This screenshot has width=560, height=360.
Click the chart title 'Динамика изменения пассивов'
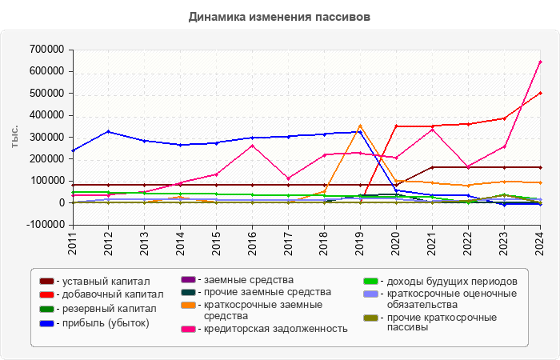click(x=280, y=16)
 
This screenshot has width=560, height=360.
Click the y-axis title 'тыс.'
click(x=14, y=137)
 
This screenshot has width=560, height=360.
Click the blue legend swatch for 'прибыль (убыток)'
click(x=47, y=323)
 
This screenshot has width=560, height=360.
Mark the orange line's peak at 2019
click(x=361, y=126)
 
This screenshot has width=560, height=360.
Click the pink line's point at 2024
click(x=541, y=62)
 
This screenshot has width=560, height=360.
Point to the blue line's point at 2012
click(x=109, y=131)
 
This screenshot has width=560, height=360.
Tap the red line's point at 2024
click(x=541, y=93)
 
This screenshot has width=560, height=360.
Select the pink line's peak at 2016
click(x=253, y=146)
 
